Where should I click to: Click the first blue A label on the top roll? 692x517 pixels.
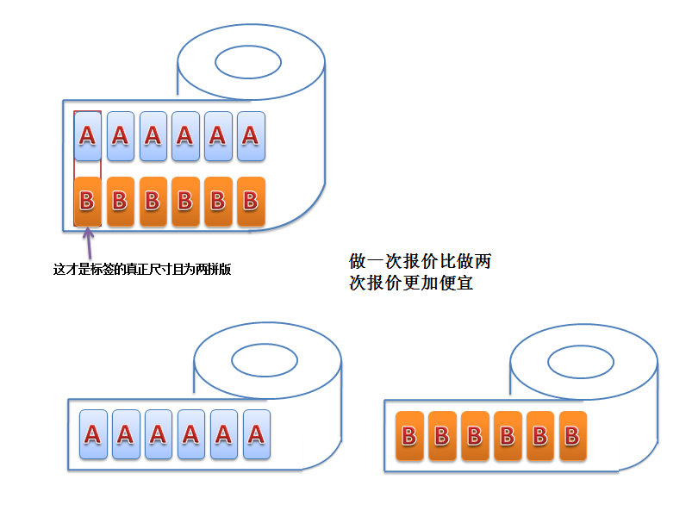tap(87, 136)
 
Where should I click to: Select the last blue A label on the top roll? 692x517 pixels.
tap(250, 136)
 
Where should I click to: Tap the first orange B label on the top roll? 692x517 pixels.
tap(87, 202)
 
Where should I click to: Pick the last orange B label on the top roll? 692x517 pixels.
tap(250, 202)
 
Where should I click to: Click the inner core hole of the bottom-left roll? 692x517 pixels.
tap(266, 359)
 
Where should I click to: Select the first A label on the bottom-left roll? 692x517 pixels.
tap(93, 434)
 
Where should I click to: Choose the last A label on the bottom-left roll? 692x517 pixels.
tap(256, 434)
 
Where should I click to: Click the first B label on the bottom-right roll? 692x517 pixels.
tap(409, 436)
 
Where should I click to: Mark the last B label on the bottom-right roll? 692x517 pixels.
tap(572, 436)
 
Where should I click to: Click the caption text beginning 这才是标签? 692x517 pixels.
tap(142, 269)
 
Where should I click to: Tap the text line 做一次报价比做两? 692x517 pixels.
tap(420, 261)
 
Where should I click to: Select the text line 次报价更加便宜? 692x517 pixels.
tap(411, 283)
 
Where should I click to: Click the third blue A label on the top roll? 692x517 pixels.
tap(153, 136)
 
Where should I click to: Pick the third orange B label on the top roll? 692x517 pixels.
tap(153, 202)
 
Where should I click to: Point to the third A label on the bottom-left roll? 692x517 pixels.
tap(159, 434)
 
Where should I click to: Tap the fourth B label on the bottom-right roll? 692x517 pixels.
tap(508, 436)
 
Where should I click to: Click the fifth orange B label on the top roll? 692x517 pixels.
tap(217, 202)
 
